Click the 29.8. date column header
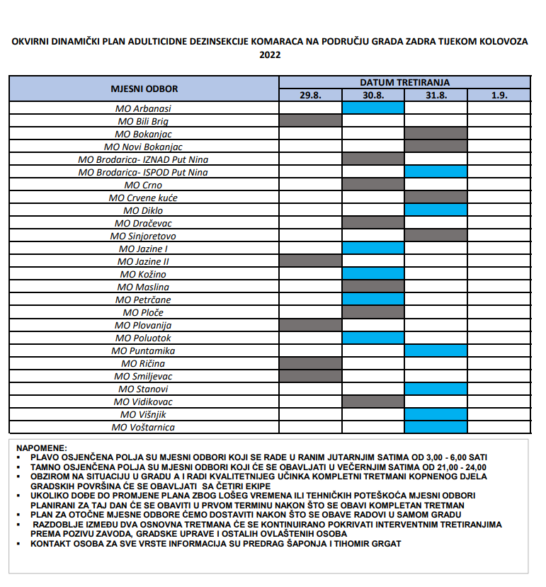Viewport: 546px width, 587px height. (311, 96)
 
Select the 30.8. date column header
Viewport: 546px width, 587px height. (373, 96)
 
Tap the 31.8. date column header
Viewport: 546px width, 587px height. (436, 96)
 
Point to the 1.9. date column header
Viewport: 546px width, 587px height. (499, 96)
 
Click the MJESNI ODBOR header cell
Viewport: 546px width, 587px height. (144, 89)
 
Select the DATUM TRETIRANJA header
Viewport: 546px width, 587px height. (404, 83)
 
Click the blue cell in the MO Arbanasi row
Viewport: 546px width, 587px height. (373, 108)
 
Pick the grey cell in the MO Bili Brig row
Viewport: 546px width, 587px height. (311, 121)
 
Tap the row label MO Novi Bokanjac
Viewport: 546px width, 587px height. (144, 147)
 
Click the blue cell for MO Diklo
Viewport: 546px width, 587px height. (436, 210)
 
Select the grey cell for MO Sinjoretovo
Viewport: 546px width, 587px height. (436, 236)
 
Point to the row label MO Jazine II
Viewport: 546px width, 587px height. (144, 261)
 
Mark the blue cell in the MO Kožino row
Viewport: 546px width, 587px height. (373, 274)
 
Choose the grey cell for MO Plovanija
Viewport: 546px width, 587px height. (311, 325)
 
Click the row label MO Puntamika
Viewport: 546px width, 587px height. (144, 351)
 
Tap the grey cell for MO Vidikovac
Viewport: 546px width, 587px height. (373, 401)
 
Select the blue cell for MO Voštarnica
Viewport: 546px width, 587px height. (436, 427)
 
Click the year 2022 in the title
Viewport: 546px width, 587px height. (270, 55)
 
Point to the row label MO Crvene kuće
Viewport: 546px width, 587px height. (144, 198)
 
